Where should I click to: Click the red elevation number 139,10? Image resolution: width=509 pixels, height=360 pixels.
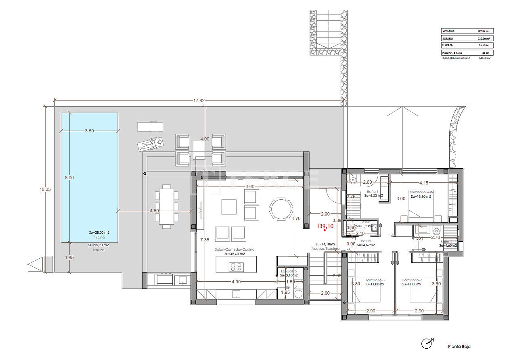325,227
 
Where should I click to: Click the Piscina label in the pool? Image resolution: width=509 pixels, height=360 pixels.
99,238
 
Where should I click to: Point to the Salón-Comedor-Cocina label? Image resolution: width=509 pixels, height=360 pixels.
235,249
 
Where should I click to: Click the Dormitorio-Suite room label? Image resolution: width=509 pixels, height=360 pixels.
421,192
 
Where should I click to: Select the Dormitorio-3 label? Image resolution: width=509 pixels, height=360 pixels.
375,280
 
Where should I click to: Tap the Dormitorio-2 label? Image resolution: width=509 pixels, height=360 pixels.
411,280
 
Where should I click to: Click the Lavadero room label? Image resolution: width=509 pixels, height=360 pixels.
289,271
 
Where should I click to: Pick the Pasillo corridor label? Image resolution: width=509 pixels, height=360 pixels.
366,240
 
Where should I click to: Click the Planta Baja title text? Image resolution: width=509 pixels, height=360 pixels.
459,346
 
